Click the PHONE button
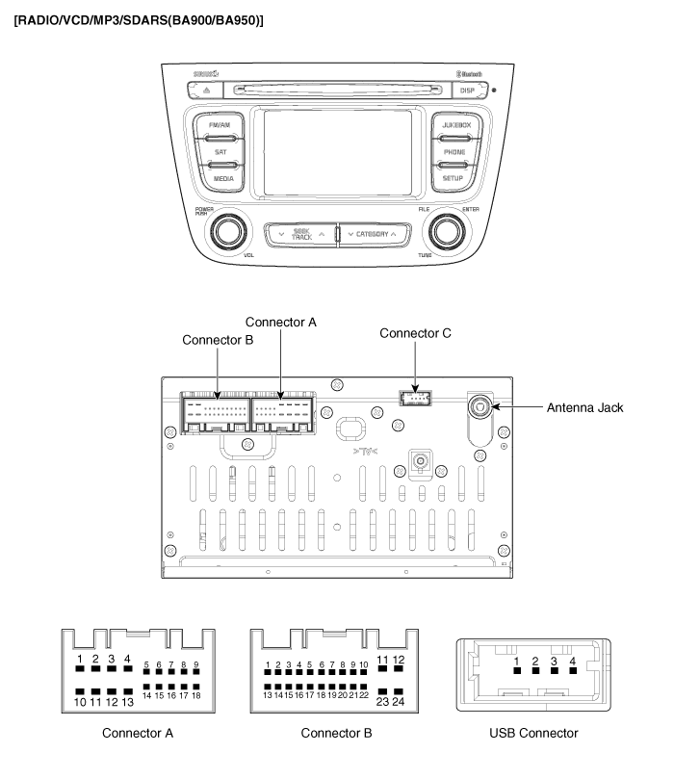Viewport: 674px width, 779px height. coord(454,152)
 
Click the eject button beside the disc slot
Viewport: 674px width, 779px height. coord(205,90)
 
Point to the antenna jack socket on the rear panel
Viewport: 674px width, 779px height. coord(478,406)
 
